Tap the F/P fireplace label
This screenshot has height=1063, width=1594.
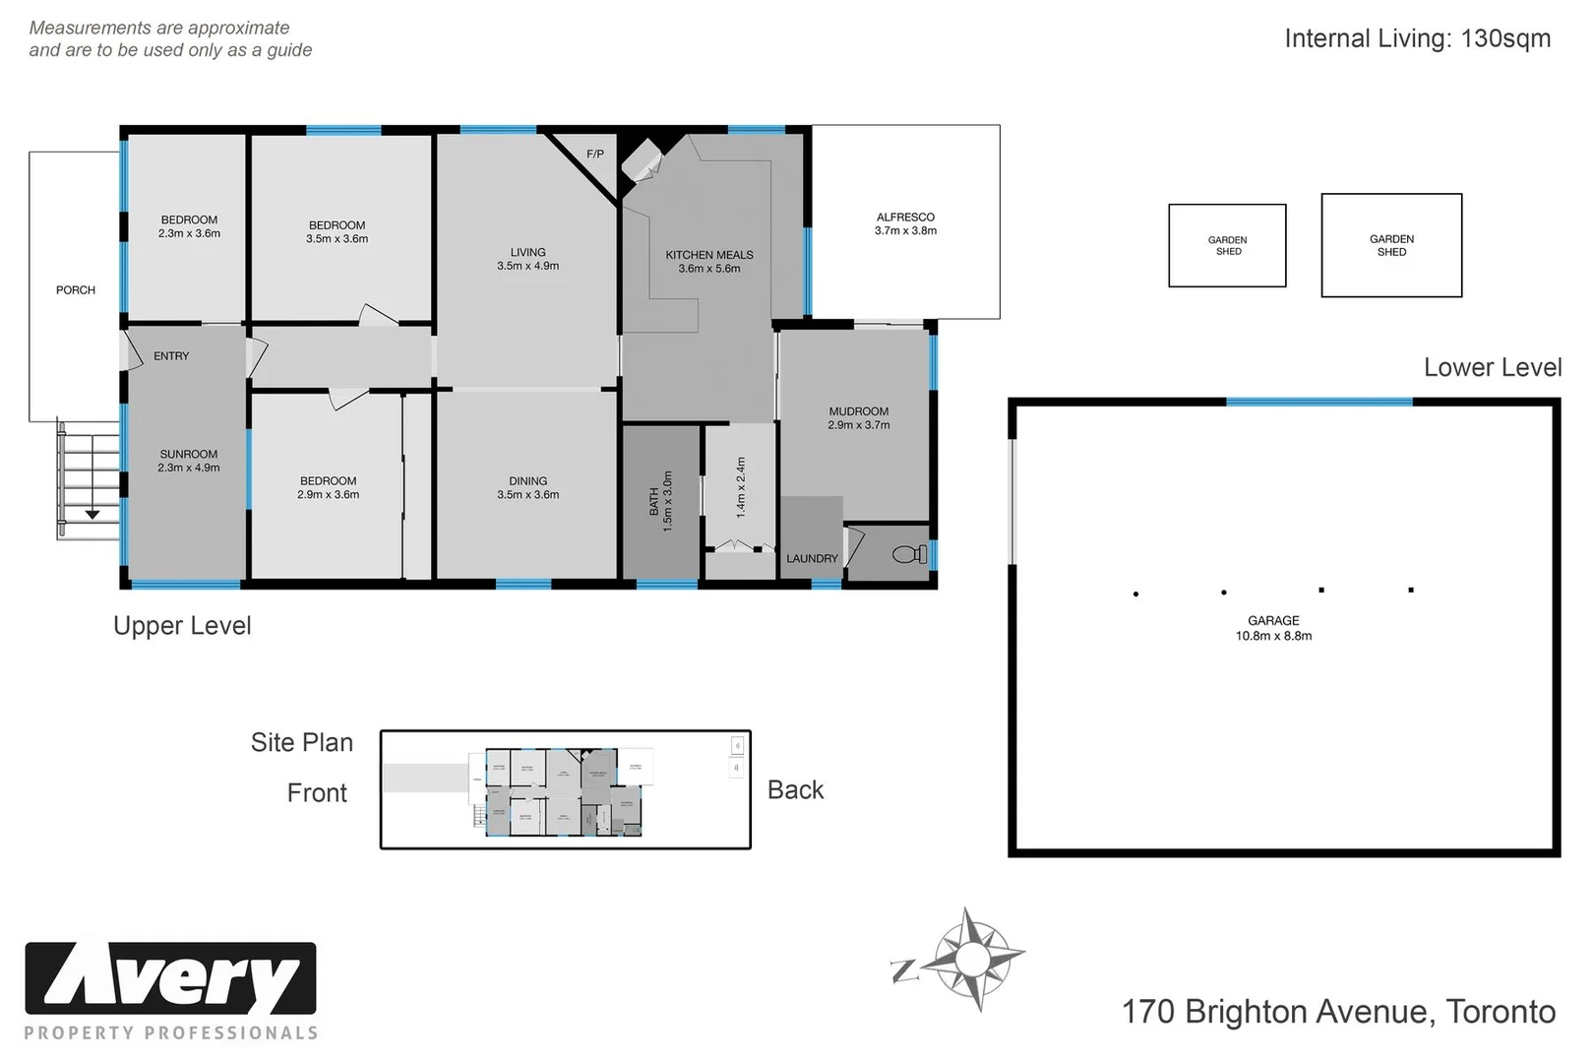pos(595,155)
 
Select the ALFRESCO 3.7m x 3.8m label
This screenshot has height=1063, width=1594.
pos(905,224)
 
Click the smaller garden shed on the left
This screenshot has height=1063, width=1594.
pos(1227,246)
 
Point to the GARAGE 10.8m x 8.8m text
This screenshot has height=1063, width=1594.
pos(1273,628)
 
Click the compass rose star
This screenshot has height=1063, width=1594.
pos(973,959)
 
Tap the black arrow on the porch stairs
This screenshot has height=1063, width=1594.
pos(92,514)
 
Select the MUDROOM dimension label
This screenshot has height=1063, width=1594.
pos(858,418)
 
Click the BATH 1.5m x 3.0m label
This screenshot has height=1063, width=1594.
pos(661,501)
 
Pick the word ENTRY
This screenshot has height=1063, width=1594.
pos(171,356)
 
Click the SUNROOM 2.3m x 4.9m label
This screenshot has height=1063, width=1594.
pos(189,461)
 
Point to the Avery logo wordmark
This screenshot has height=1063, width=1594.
pos(170,979)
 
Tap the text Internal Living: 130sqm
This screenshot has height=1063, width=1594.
pos(1417,38)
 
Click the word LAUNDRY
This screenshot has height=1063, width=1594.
pos(812,559)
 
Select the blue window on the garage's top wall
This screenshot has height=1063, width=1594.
pos(1318,402)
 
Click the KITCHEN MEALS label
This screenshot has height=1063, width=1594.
pos(708,262)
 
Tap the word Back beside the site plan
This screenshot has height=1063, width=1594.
pos(795,790)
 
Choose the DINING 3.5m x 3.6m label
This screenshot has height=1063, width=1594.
pos(527,488)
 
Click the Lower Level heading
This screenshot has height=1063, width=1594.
pos(1492,368)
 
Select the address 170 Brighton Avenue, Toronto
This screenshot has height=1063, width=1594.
pos(1338,1012)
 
